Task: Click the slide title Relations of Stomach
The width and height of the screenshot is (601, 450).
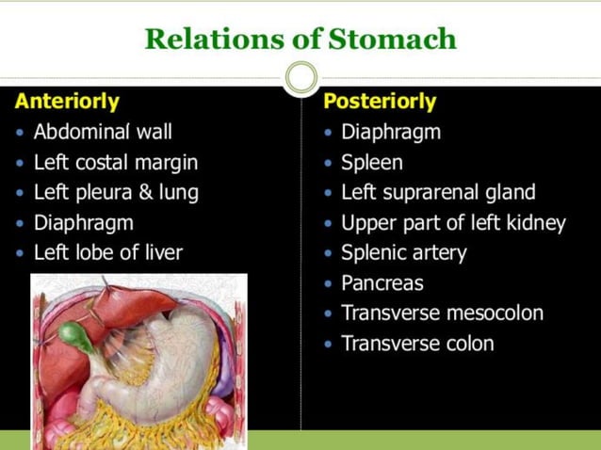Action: (300, 40)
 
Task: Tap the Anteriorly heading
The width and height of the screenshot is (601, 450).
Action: (67, 102)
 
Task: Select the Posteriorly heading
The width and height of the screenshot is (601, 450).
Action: (380, 102)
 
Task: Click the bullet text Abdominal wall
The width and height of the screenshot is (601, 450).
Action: (103, 133)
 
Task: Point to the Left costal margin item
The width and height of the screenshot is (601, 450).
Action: (116, 163)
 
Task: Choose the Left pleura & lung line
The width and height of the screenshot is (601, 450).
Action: (116, 193)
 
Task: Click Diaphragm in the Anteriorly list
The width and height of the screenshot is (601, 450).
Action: (84, 223)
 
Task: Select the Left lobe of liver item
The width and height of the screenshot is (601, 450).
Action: (108, 252)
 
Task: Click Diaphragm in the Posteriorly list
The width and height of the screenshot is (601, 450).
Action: (391, 133)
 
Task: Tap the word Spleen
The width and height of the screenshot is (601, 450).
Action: (372, 163)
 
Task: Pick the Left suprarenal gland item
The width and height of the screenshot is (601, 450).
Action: (438, 193)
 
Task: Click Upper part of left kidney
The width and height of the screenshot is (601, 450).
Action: (453, 223)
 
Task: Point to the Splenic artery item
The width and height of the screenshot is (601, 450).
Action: (404, 252)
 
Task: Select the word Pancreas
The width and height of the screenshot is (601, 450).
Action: (382, 282)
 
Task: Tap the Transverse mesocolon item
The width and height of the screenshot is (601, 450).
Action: (442, 313)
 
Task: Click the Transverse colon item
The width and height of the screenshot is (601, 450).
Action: (417, 343)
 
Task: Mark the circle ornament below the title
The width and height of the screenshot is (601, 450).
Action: (300, 77)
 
